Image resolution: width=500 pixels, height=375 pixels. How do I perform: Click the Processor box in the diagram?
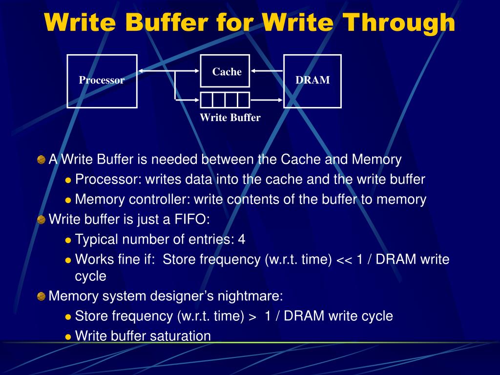[x=102, y=81]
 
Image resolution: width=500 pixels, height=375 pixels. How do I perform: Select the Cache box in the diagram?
[x=225, y=72]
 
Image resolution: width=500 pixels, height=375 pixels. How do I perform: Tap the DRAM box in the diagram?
[x=312, y=81]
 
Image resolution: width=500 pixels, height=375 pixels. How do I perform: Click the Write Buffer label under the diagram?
[x=230, y=118]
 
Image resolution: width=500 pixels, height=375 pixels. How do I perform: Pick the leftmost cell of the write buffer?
[x=207, y=100]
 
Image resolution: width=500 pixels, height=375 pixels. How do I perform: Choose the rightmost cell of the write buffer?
[x=243, y=100]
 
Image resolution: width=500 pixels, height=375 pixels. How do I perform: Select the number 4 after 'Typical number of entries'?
[x=242, y=239]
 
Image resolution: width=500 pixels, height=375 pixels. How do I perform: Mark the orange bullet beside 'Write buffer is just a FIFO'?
[x=42, y=219]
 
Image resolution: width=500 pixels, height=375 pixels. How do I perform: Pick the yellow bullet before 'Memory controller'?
[x=68, y=200]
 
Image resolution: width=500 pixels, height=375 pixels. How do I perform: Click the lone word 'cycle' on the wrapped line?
[x=90, y=276]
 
